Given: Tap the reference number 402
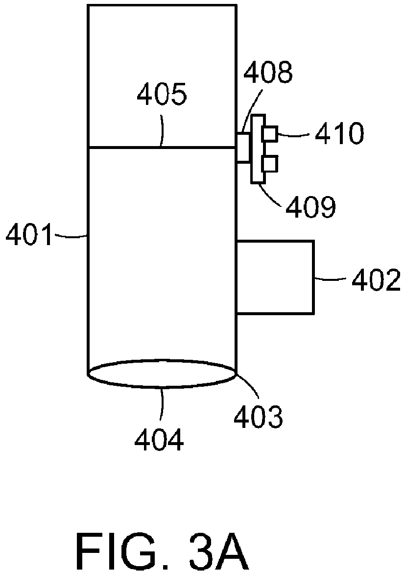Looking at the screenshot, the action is [376, 280].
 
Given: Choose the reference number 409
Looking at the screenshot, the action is [311, 206].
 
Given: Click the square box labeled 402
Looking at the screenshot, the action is [275, 277].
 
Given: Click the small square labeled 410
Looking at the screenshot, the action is [270, 133].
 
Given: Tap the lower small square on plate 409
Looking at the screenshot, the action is [270, 163].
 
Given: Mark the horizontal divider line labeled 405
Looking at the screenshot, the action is [162, 147].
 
